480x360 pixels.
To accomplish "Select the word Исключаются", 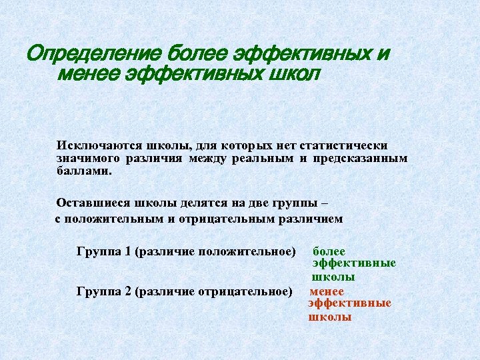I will [89, 145].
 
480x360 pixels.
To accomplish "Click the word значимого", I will [88, 158].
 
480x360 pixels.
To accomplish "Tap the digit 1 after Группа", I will [126, 251].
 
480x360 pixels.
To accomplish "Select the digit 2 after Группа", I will [126, 291].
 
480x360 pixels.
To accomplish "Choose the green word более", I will [329, 251].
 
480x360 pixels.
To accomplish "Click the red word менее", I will [327, 291].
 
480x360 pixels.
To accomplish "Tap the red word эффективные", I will [350, 303].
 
